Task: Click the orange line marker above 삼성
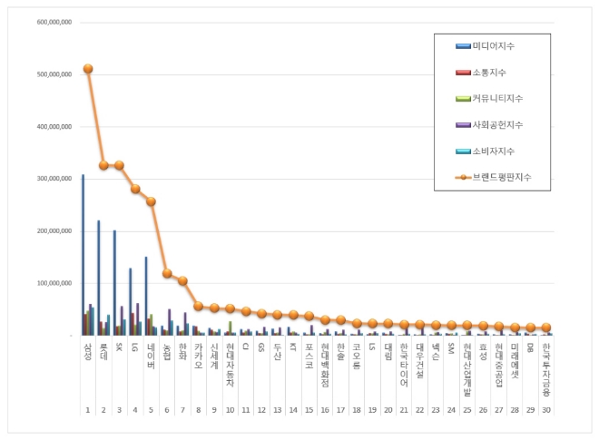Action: [x=88, y=69]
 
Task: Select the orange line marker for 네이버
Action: [x=152, y=201]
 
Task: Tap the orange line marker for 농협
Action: [x=167, y=273]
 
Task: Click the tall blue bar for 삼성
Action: [x=83, y=254]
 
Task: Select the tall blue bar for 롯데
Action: [x=99, y=277]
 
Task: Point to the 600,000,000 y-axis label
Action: [x=54, y=23]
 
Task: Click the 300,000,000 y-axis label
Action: [x=54, y=179]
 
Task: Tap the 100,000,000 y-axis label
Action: [x=54, y=283]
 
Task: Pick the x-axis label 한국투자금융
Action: [x=546, y=364]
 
